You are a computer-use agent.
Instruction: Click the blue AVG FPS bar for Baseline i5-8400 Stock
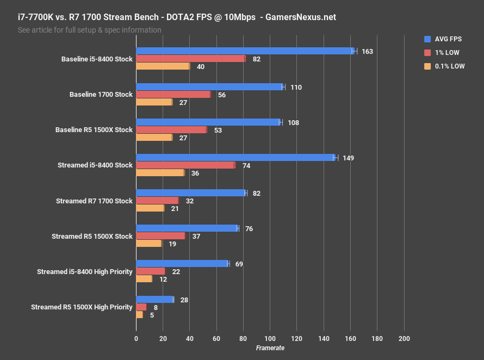pos(245,51)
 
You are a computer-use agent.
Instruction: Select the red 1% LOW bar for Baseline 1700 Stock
pos(173,95)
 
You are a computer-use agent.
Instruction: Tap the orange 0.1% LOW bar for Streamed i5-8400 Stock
pos(160,173)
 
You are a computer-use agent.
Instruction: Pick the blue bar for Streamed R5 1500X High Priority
pos(154,299)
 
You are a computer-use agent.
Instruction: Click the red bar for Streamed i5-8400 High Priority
pos(150,271)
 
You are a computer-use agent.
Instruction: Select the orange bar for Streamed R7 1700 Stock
pos(150,208)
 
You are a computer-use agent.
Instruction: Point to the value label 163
pos(367,52)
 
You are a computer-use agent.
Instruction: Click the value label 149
pos(349,158)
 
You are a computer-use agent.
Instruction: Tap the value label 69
pos(239,264)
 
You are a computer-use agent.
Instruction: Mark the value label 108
pos(293,123)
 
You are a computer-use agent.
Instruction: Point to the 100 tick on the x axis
pos(270,338)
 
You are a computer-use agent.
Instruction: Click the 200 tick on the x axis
pos(404,338)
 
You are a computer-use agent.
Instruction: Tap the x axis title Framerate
pos(270,348)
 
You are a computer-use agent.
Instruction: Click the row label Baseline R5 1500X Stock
pos(94,130)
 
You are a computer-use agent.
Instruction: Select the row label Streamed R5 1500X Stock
pos(92,237)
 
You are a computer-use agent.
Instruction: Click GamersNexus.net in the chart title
pos(300,17)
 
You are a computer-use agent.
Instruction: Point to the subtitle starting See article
pos(89,30)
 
